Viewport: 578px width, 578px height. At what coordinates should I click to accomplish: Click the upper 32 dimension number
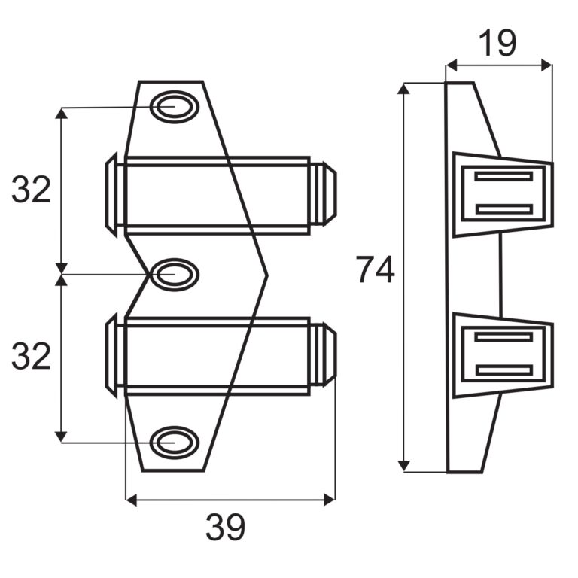31,190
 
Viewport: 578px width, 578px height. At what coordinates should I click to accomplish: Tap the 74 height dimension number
375,270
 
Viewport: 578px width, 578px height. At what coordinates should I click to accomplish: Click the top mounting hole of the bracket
175,108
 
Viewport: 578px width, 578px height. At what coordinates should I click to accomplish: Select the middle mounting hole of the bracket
175,275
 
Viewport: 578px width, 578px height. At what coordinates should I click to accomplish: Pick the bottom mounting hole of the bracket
175,442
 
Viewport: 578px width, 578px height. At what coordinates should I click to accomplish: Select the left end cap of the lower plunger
111,355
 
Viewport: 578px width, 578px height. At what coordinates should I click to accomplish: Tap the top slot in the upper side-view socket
503,177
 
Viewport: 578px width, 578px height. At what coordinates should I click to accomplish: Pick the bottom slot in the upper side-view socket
503,209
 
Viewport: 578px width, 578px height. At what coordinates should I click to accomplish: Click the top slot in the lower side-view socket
503,337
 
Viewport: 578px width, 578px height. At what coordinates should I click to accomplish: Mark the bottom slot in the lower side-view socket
503,370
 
